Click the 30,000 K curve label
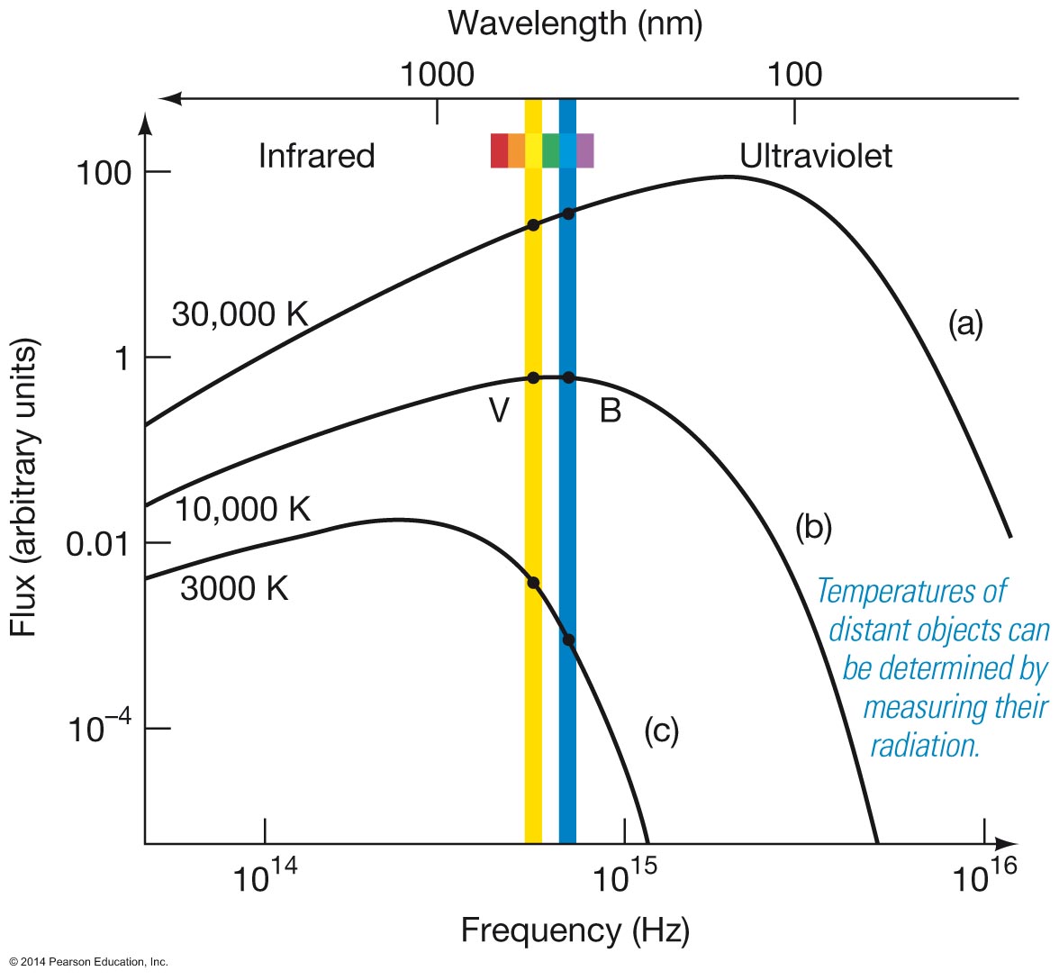click(240, 314)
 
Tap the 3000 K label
click(234, 588)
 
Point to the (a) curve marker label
click(965, 322)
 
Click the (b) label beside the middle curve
click(812, 528)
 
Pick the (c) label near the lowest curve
click(661, 730)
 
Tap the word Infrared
click(316, 156)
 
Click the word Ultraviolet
click(816, 156)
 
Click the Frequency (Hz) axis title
click(575, 930)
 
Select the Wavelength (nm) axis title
click(575, 23)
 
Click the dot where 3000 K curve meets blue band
click(568, 640)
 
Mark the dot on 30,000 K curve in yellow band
click(533, 224)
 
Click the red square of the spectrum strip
click(499, 150)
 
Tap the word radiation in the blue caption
click(924, 746)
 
